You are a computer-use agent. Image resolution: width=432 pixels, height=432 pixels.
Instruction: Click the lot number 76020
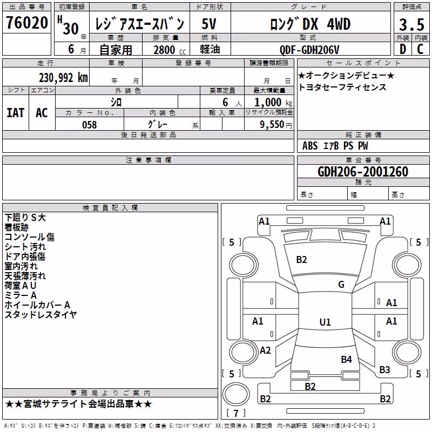pos(27,23)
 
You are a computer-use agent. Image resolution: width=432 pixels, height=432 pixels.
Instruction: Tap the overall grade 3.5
pos(411,24)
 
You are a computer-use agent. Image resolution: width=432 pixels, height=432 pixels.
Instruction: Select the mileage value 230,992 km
pos(63,78)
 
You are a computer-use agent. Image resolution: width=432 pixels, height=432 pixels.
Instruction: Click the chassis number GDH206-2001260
pos(363,172)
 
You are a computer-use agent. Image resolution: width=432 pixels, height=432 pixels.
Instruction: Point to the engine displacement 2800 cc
pos(170,50)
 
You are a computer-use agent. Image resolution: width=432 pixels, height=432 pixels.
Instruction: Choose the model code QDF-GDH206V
pos(309,50)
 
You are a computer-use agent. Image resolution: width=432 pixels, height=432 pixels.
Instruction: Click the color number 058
pos(90,125)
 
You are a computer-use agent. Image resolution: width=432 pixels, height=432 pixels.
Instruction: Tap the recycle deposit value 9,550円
pos(276,125)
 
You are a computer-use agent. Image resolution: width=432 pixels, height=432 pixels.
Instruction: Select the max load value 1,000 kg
pos(273,103)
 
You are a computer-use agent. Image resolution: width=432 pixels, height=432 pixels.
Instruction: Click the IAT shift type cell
pos(16,113)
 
